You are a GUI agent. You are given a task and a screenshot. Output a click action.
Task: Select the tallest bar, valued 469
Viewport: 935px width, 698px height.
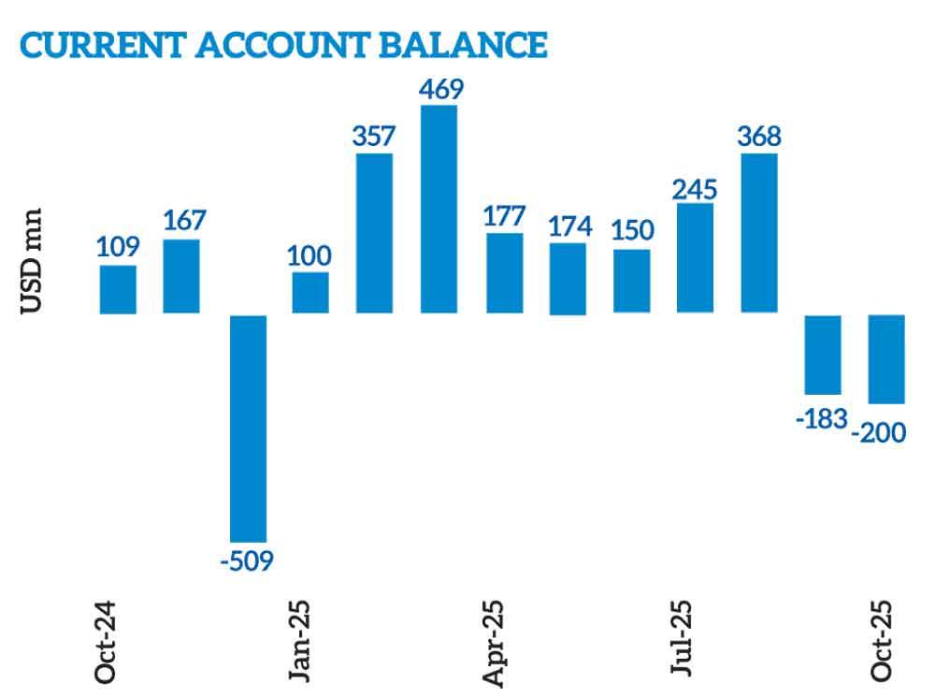tap(439, 210)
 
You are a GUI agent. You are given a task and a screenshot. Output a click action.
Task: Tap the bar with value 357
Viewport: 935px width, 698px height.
tap(375, 233)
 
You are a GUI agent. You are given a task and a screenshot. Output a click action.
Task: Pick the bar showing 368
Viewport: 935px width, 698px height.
tap(759, 233)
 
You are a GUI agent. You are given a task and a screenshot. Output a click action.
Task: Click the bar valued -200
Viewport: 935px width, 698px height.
tap(887, 358)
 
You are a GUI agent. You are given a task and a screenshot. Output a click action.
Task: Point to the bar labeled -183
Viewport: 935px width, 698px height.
tap(823, 355)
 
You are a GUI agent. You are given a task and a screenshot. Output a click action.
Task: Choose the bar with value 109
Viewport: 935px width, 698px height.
tap(119, 289)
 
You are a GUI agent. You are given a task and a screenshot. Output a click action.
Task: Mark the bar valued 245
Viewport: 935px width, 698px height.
tap(695, 257)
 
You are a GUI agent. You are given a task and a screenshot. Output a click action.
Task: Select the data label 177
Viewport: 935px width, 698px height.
tap(504, 214)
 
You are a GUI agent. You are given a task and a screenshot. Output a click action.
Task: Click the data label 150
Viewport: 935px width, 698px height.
tap(631, 230)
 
